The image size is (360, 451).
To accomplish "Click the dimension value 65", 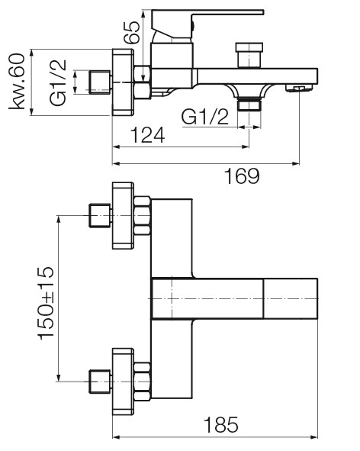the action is [x=132, y=32].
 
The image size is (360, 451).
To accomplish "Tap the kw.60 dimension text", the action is [x=17, y=81].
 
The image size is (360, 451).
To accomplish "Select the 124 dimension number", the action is [x=147, y=135].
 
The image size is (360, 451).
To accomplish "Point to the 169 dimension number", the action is [x=242, y=176].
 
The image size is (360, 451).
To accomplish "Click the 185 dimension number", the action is [x=221, y=424].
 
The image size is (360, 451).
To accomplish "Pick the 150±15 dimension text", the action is [x=46, y=303].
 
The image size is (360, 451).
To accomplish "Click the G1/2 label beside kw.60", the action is [x=58, y=83].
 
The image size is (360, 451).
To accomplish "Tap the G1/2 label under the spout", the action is [x=205, y=117].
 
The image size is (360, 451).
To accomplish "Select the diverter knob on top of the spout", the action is [x=249, y=55].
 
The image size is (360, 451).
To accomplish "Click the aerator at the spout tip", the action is [x=299, y=89].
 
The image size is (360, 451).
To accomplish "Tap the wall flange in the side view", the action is [x=123, y=82].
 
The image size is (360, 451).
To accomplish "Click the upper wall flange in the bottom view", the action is [x=123, y=215].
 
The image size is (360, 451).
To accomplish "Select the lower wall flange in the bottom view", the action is [x=123, y=382].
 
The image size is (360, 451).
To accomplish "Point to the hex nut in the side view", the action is [x=143, y=82].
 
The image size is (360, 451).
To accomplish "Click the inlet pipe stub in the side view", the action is [x=101, y=82].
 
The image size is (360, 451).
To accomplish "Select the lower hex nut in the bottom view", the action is [x=143, y=382].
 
